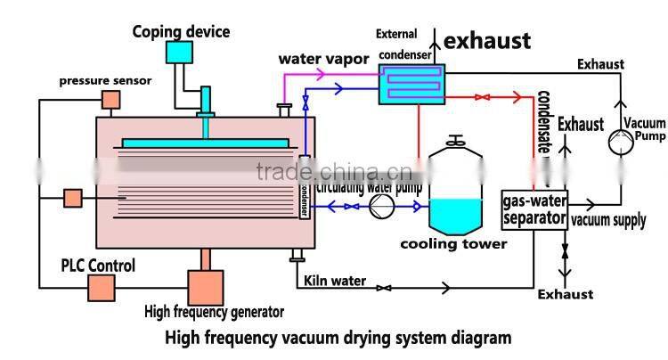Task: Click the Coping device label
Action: click(x=181, y=32)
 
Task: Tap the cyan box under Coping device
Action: click(x=180, y=53)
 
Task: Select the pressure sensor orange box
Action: click(x=110, y=100)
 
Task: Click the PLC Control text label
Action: click(x=98, y=266)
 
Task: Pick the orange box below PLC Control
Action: click(x=101, y=287)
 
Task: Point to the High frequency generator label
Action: click(x=214, y=312)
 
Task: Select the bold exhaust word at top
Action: click(x=487, y=41)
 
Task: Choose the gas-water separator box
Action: click(x=534, y=209)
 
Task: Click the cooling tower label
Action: click(x=453, y=243)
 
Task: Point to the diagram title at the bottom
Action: click(x=338, y=338)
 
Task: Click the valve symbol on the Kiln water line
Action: click(x=384, y=288)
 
